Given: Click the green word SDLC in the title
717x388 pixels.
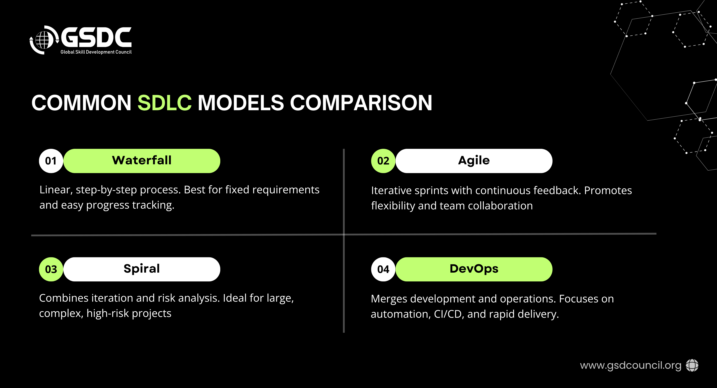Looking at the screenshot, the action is (164, 103).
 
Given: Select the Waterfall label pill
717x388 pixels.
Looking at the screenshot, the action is (142, 161).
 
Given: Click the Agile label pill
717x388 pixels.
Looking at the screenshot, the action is (474, 161).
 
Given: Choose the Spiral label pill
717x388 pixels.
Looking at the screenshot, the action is (142, 269).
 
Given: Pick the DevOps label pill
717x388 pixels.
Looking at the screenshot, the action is (474, 269).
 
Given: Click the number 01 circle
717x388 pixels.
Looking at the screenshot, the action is (51, 161).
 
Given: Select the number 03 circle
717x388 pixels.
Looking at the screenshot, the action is (51, 269).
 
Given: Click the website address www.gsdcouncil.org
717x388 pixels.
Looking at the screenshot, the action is (630, 365).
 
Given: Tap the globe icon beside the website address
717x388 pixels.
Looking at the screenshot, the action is (692, 365).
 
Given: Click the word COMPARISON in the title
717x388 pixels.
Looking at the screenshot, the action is (361, 103).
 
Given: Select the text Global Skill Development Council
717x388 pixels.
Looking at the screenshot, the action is (96, 52).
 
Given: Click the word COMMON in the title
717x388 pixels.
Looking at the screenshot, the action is (81, 103).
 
